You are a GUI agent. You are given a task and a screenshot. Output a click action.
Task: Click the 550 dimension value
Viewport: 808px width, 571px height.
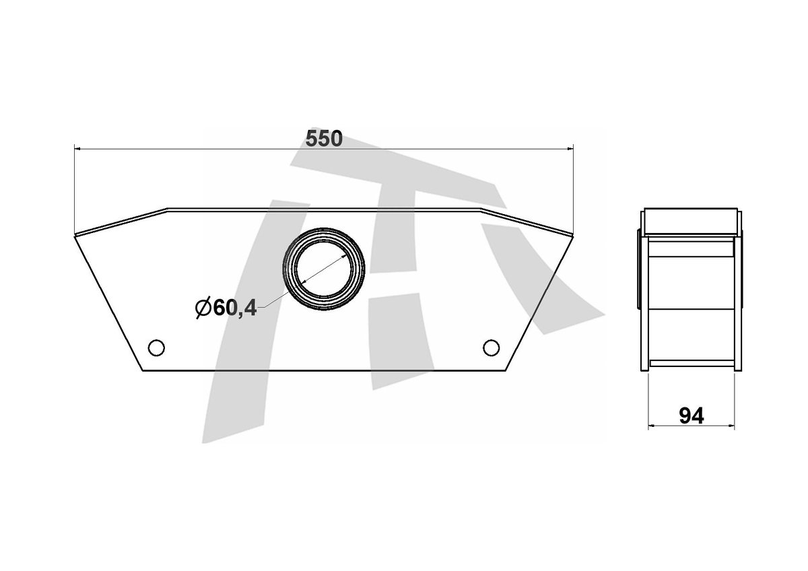tap(324, 139)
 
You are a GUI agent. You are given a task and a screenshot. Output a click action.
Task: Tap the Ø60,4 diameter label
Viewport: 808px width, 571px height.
tap(226, 308)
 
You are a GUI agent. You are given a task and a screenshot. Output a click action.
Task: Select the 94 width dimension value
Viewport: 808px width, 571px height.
tap(691, 416)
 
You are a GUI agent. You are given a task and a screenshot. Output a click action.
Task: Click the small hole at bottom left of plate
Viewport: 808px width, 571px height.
tap(156, 347)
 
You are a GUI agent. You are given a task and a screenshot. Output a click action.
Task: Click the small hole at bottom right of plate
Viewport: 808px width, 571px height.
tap(491, 347)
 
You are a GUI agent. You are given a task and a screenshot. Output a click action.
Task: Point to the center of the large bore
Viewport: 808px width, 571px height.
tap(324, 269)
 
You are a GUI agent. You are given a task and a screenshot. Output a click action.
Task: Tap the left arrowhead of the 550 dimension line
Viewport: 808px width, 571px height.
tap(77, 148)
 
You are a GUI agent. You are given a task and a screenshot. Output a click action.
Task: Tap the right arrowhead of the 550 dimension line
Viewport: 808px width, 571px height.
tap(570, 148)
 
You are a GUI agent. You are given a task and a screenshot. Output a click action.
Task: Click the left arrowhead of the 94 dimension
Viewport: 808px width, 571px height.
tap(650, 426)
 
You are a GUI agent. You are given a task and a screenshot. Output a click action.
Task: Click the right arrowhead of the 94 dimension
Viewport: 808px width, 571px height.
tap(732, 426)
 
